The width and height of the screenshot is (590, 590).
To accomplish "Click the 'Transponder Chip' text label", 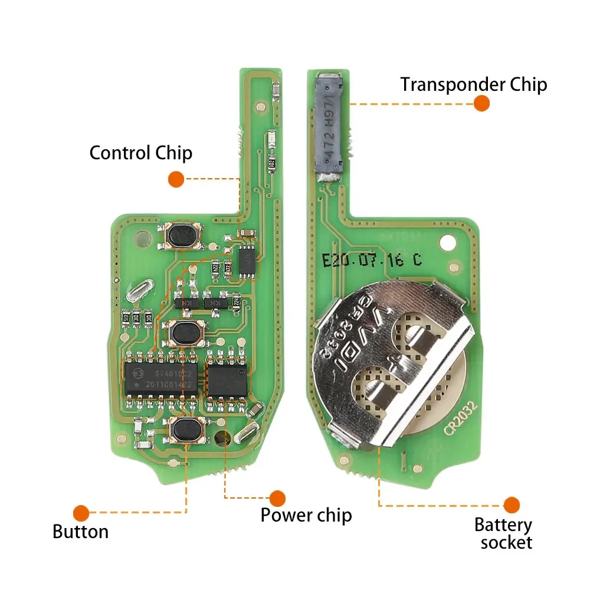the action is point(474,84).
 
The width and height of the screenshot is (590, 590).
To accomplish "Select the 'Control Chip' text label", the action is point(140,153).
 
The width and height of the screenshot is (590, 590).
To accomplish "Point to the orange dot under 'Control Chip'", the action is point(176,179).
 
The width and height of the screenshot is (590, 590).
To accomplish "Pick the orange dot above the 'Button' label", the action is point(81,513).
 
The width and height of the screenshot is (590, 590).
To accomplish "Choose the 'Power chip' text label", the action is point(306,514).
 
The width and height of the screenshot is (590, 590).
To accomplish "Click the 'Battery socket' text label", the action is point(503,533).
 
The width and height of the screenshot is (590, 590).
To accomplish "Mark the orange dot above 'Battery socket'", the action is point(512,505).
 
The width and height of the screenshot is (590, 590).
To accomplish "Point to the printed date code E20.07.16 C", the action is point(372,260).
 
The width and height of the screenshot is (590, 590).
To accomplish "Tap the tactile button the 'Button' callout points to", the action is point(186,429).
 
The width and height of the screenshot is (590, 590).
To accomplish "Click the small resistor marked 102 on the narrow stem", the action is point(272,162).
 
